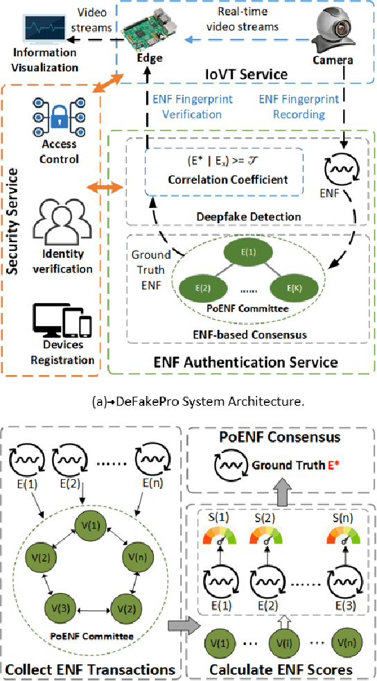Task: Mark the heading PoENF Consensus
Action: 280,438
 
